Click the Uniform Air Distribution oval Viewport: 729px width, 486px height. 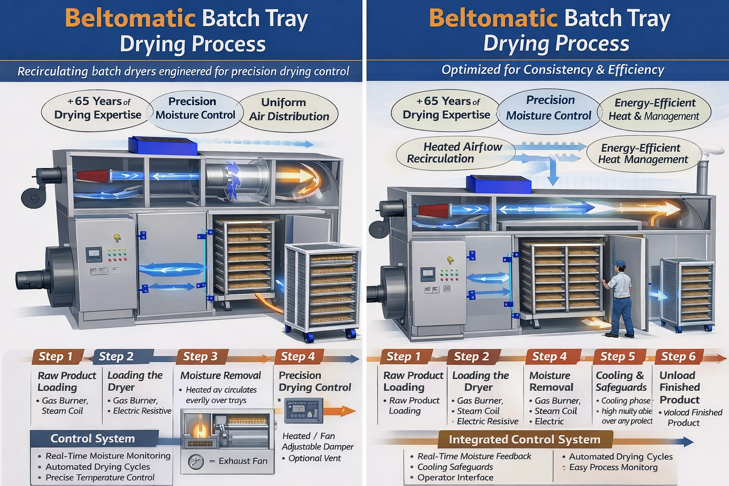point(289,110)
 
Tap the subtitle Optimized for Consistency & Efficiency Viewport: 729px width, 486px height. point(552,70)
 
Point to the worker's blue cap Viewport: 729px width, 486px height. point(619,264)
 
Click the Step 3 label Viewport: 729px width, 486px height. point(200,356)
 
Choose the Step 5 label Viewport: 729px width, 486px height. point(617,356)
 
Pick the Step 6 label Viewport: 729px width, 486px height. point(678,356)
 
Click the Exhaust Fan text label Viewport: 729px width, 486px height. point(243,461)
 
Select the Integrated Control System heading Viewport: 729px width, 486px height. point(524,439)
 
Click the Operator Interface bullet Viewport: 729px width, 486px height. point(455,477)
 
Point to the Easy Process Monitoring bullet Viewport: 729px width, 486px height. point(613,467)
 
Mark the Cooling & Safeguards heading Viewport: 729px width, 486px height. point(621,381)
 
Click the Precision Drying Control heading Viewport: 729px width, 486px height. point(314,381)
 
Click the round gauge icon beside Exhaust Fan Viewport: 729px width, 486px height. point(196,461)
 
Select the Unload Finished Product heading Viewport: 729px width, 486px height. point(679,387)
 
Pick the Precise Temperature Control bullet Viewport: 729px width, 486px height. point(100,477)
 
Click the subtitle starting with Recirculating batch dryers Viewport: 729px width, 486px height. point(183,72)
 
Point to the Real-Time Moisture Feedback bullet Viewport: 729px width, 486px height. point(474,456)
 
